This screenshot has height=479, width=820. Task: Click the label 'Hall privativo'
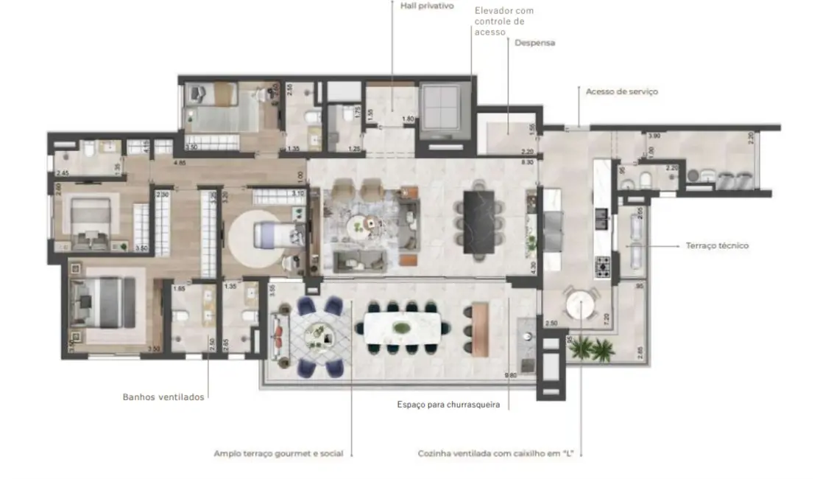[427, 6]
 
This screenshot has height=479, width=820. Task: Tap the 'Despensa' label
[534, 43]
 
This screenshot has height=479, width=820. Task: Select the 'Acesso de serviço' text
[621, 92]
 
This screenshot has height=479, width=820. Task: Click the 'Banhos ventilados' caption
[163, 397]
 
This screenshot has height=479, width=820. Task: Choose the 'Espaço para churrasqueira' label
[453, 405]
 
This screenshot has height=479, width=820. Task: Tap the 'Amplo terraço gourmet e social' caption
[278, 454]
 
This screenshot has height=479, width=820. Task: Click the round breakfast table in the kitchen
[579, 304]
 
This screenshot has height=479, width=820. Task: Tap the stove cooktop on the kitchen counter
[603, 267]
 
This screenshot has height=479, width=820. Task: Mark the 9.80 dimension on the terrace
[510, 377]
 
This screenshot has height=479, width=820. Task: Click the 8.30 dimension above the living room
[526, 161]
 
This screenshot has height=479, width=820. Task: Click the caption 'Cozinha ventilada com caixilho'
[495, 454]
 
